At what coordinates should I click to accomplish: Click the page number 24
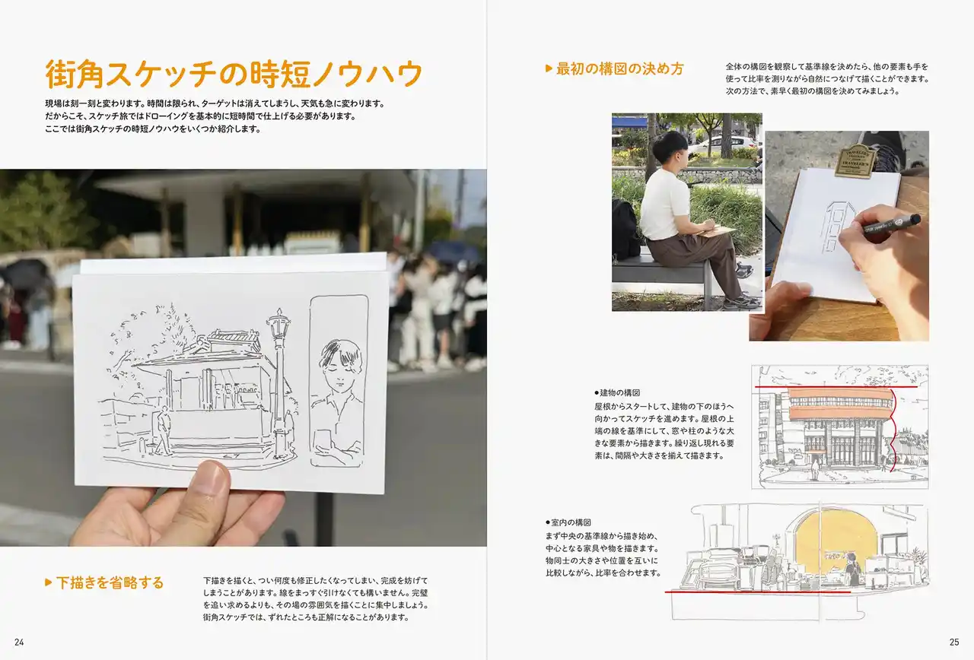click(x=19, y=643)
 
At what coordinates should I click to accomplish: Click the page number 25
click(x=954, y=643)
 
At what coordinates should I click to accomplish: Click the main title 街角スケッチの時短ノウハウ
click(x=234, y=75)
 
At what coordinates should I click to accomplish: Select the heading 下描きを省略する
click(x=110, y=582)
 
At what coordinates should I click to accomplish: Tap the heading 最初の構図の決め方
click(x=620, y=68)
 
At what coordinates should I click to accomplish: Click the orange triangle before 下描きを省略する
click(x=48, y=582)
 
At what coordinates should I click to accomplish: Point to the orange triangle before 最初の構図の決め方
click(x=549, y=68)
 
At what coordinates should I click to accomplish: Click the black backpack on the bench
click(x=625, y=230)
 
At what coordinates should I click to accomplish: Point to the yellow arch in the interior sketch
click(x=835, y=543)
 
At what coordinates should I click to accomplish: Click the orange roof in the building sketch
click(x=839, y=404)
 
